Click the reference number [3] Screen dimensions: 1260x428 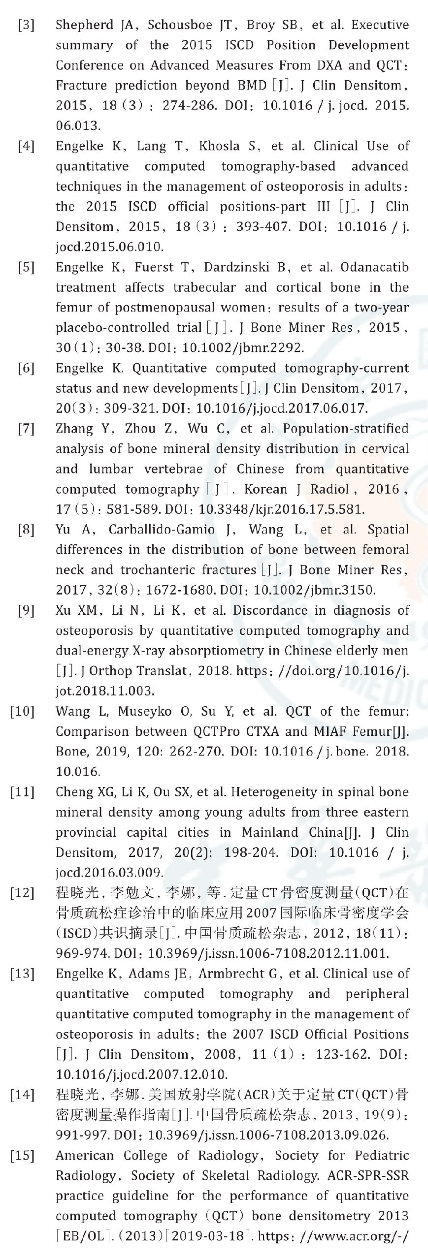pyautogui.click(x=26, y=25)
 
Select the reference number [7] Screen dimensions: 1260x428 pyautogui.click(x=26, y=429)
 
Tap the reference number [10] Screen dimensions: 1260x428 pyautogui.click(x=23, y=711)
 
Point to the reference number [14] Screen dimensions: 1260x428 pyautogui.click(x=23, y=1095)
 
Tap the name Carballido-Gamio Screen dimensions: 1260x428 pyautogui.click(x=162, y=530)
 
